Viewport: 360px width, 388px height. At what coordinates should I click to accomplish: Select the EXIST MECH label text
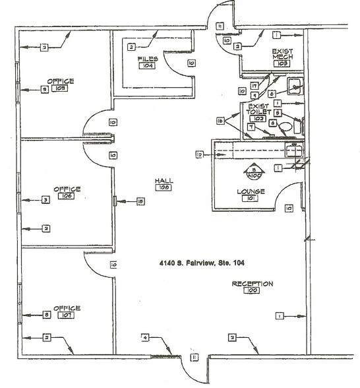284,54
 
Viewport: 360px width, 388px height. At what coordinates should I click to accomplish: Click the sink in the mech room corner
295,84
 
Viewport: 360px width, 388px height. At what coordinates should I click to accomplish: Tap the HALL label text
163,179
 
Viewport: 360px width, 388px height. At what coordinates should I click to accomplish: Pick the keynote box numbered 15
140,201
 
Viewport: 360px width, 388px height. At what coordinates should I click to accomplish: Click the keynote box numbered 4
144,338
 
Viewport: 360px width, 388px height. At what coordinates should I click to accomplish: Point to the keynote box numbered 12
198,154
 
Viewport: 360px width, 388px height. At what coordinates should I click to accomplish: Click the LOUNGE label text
251,191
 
